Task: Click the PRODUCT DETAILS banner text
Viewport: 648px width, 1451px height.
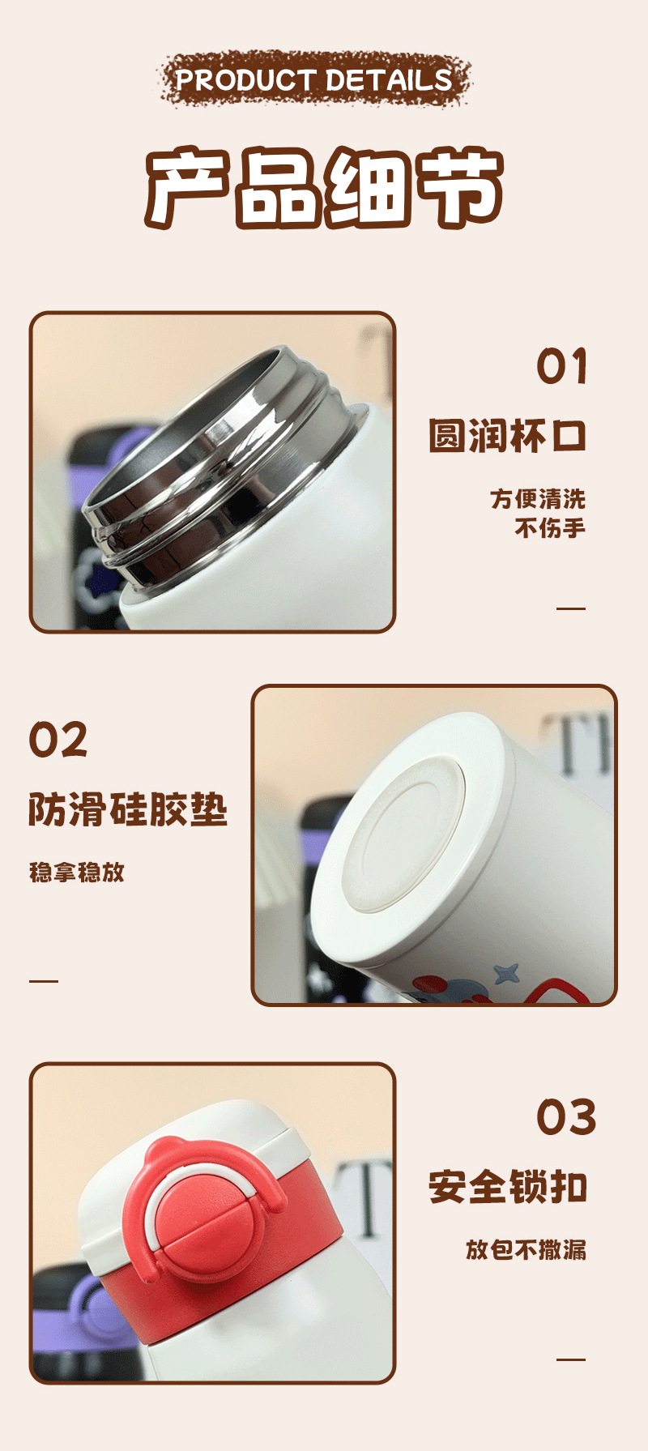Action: click(x=314, y=79)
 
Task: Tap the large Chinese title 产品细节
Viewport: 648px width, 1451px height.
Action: click(x=324, y=188)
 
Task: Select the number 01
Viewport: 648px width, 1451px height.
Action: click(x=561, y=366)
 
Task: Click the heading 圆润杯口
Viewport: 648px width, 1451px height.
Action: click(x=508, y=436)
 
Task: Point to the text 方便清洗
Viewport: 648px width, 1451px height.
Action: click(x=538, y=498)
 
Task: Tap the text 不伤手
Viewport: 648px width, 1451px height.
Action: click(x=550, y=528)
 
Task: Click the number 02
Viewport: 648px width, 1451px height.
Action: click(x=58, y=740)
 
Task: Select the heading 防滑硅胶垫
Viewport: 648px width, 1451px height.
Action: click(x=128, y=809)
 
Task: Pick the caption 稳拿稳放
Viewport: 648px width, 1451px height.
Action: click(x=77, y=872)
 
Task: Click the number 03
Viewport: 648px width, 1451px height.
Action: click(x=566, y=1117)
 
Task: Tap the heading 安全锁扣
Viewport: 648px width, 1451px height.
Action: click(x=508, y=1188)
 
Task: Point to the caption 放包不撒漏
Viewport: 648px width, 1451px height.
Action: click(x=526, y=1249)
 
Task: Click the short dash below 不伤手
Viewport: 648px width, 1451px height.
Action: click(x=571, y=608)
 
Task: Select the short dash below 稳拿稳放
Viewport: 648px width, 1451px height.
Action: click(x=44, y=980)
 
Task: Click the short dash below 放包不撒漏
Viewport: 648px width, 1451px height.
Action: click(x=571, y=1359)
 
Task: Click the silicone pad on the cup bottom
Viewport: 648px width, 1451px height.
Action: click(x=403, y=835)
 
